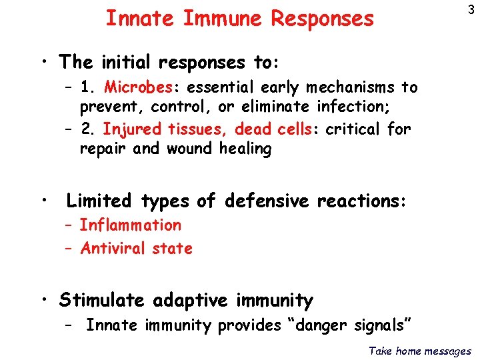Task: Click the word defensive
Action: click(267, 201)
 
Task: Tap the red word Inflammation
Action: click(130, 225)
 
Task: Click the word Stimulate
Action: click(101, 301)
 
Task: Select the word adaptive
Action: click(191, 301)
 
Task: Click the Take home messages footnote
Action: click(419, 351)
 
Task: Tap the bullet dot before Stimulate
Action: click(44, 300)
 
